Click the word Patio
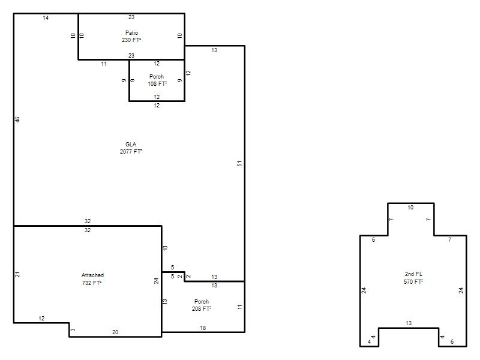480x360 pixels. [x=131, y=33]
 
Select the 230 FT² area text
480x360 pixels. [x=131, y=40]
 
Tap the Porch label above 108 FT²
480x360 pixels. [x=157, y=77]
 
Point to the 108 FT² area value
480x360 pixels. [x=157, y=83]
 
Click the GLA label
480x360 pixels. [x=131, y=144]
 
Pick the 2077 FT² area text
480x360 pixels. [x=131, y=152]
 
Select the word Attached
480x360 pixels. [x=92, y=275]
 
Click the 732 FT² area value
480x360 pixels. [x=92, y=283]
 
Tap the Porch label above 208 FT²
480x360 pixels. [x=202, y=302]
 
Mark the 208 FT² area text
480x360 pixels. [x=202, y=309]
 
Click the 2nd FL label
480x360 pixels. [x=413, y=274]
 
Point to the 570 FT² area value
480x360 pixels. [x=413, y=281]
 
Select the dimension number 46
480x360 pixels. [x=17, y=119]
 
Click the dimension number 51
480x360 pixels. [x=239, y=163]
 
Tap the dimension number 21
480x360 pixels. [x=17, y=274]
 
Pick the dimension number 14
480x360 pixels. [x=46, y=18]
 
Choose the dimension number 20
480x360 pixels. [x=115, y=332]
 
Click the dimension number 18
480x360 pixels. [x=203, y=328]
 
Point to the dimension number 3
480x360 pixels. [x=73, y=329]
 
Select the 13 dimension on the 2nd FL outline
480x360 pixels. [x=409, y=323]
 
